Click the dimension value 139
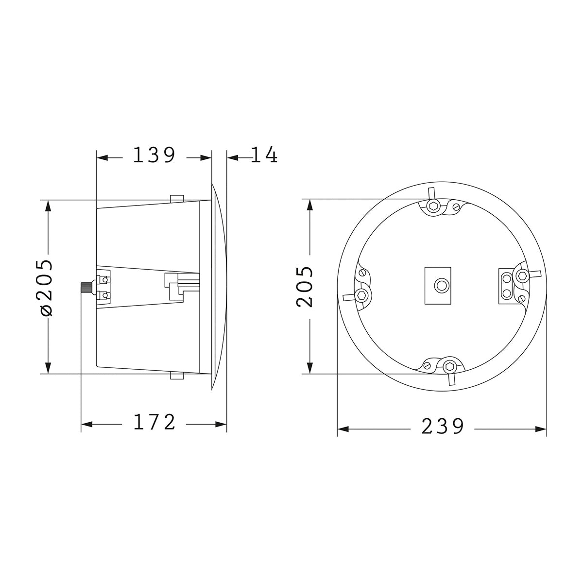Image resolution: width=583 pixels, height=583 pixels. tap(154, 155)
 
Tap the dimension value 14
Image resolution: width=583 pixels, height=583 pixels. tap(264, 155)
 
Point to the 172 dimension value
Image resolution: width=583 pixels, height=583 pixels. tap(154, 422)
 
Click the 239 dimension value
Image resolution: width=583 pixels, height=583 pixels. tap(443, 427)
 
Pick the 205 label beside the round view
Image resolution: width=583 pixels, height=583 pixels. tap(304, 287)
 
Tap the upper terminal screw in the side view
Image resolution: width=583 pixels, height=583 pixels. tap(105, 280)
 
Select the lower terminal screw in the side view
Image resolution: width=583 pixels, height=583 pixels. tap(105, 295)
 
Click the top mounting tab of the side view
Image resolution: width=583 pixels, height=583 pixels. tap(177, 198)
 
